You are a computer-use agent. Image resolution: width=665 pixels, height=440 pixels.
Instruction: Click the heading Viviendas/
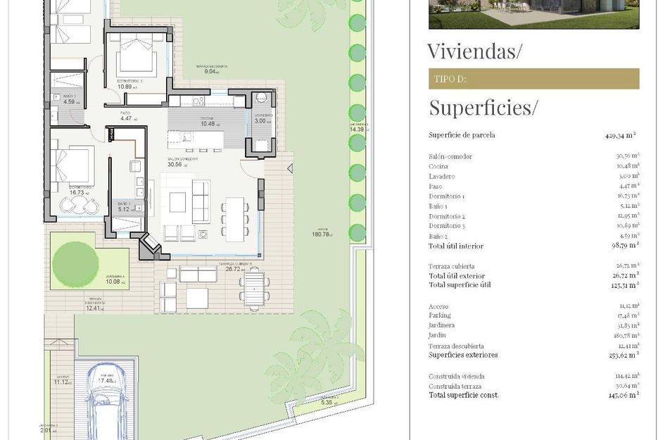475,51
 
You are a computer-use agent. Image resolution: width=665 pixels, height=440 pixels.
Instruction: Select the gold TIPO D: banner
533,79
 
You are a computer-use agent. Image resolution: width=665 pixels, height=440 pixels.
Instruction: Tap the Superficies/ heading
483,108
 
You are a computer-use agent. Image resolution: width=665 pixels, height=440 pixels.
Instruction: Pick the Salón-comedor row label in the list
450,156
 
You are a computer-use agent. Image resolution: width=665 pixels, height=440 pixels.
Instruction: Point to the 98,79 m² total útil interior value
623,245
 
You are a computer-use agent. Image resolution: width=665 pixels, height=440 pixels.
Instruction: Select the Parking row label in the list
441,315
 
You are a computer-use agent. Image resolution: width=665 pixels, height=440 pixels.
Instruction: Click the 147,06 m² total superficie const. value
622,395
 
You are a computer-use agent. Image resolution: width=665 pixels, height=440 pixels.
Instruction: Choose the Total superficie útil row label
460,285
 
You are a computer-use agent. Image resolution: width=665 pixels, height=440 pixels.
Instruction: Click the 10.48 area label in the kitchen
208,124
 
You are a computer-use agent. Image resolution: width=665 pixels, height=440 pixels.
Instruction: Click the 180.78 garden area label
322,234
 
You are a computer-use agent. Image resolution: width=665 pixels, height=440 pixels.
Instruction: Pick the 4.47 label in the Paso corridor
127,118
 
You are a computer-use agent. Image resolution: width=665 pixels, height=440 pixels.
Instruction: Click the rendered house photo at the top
533,14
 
